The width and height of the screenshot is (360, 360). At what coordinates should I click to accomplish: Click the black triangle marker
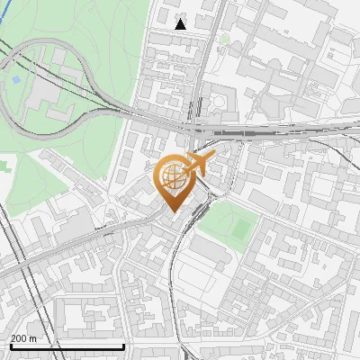181,24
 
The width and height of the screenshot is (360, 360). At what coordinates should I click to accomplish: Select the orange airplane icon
200,165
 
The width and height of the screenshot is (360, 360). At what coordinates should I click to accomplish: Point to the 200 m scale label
24,338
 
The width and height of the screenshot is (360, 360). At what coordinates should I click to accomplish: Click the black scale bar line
67,346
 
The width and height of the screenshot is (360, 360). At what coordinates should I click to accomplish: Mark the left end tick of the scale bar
10,345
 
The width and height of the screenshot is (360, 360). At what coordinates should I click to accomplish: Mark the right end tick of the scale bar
123,345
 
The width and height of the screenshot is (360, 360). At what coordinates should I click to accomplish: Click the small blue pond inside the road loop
14,80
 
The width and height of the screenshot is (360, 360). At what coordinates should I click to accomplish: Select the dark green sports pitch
240,227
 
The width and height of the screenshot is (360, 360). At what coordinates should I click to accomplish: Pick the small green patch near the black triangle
224,39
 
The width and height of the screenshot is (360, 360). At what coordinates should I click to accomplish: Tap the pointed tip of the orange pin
174,212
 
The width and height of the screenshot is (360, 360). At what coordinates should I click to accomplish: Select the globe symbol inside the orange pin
174,178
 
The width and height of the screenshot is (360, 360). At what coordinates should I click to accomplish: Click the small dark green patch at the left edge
4,166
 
